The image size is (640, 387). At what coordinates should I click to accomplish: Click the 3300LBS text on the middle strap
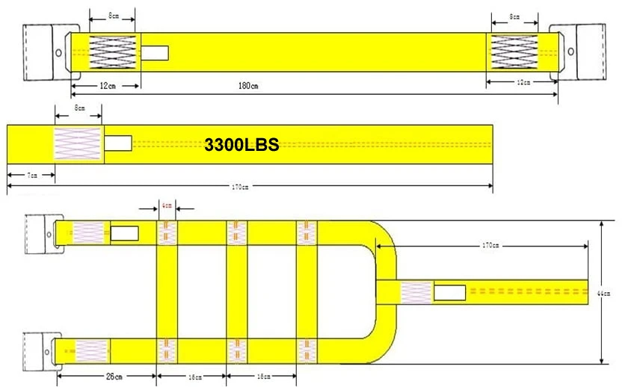tap(241, 145)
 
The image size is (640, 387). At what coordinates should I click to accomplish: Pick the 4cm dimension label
tap(167, 204)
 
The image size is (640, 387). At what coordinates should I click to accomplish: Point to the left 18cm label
tap(193, 377)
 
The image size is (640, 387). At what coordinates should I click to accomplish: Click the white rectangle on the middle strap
tap(117, 142)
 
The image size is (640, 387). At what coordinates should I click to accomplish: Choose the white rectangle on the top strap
tap(155, 53)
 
